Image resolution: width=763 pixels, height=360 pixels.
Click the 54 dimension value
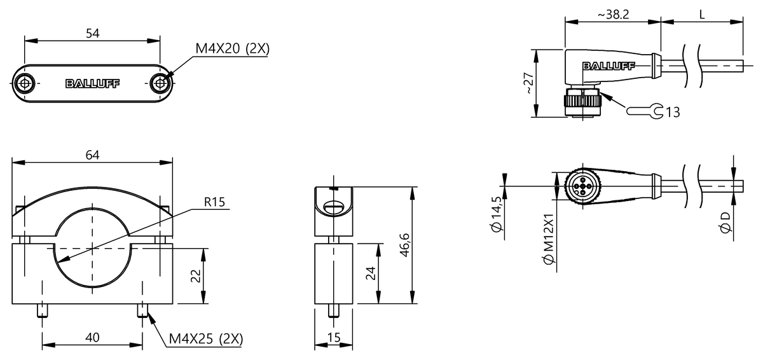(x=92, y=34)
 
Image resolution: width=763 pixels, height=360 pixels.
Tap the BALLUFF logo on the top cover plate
(x=92, y=83)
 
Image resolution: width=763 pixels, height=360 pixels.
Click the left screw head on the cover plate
(x=25, y=83)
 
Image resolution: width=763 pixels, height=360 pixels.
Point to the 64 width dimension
(x=92, y=155)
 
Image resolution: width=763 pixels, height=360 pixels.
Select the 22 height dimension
(x=195, y=275)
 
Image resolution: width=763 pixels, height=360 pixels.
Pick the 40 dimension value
(x=92, y=338)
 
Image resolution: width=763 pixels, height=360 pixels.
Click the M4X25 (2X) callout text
(x=205, y=338)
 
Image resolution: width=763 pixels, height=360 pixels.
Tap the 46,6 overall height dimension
(x=404, y=246)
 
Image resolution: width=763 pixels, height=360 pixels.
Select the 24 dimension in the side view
(x=371, y=273)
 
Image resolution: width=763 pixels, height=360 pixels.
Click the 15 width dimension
(x=334, y=338)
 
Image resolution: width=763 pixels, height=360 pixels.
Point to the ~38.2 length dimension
(x=613, y=15)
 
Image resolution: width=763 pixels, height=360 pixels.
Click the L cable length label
(x=702, y=15)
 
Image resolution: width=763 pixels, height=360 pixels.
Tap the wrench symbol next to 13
(x=644, y=111)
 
